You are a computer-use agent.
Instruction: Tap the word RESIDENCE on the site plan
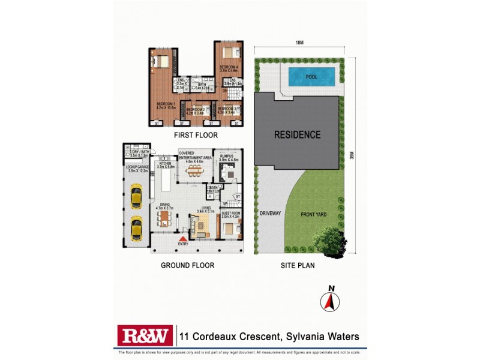(x=298, y=134)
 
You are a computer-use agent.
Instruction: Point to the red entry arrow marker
(x=182, y=239)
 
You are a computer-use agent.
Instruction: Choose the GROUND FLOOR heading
(x=187, y=265)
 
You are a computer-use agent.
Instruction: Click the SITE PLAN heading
(x=298, y=265)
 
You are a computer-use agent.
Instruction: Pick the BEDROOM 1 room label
(x=166, y=106)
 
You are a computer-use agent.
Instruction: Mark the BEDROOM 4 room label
(x=229, y=67)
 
